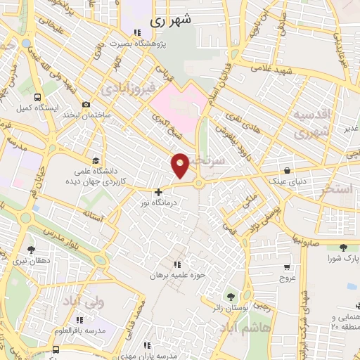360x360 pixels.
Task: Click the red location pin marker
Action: [x=181, y=165]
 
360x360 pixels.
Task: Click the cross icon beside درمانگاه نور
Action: [x=159, y=191]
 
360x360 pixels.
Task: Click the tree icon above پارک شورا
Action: [x=343, y=247]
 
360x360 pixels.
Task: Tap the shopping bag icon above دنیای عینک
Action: [x=287, y=169]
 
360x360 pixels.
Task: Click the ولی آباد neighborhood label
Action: [x=83, y=302]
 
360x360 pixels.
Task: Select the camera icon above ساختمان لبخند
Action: [x=86, y=105]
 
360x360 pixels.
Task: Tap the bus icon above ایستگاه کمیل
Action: [x=35, y=99]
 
